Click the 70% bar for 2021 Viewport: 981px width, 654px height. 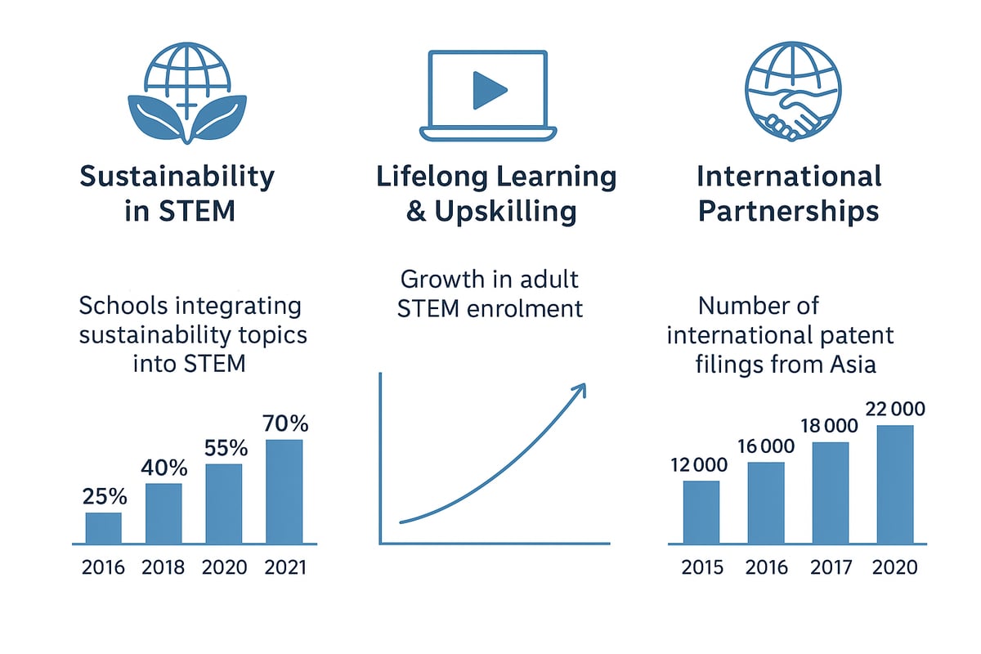[284, 490]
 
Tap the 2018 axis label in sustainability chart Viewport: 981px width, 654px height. [163, 567]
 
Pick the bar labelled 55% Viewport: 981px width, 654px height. [223, 503]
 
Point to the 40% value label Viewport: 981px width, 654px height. [163, 468]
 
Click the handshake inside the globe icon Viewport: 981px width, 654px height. [791, 115]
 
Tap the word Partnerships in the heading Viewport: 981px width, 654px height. [788, 211]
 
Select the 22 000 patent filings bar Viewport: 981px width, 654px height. [895, 484]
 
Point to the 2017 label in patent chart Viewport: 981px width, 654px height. [831, 567]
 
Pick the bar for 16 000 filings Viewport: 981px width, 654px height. [766, 502]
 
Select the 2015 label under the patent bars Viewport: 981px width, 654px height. [701, 567]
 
